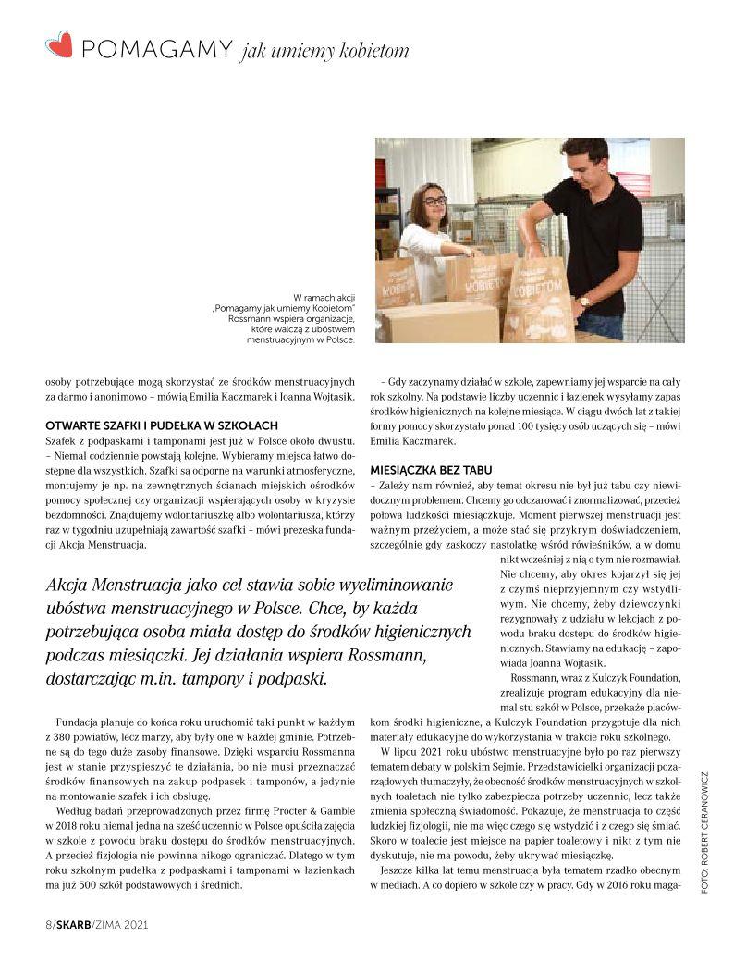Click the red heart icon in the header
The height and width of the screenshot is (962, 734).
(x=59, y=44)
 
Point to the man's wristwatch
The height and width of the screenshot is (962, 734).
(x=583, y=302)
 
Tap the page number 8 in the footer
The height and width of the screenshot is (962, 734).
(x=48, y=925)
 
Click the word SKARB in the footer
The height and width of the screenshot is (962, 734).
(x=71, y=925)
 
